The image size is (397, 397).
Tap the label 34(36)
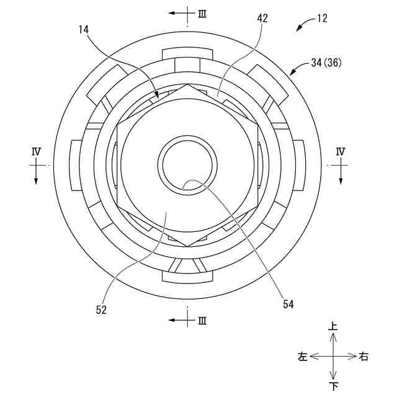[326, 63]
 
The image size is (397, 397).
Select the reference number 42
[262, 19]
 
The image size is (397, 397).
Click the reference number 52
[101, 310]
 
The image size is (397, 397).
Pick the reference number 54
[288, 304]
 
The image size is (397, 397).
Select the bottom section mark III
[202, 321]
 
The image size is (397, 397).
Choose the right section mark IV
[340, 151]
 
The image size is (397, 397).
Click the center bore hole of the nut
[188, 165]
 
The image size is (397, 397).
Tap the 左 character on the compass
[303, 357]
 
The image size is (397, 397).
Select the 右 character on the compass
[364, 357]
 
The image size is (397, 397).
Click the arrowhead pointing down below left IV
[36, 179]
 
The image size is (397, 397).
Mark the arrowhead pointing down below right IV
[340, 179]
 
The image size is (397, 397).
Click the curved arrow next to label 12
[304, 25]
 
